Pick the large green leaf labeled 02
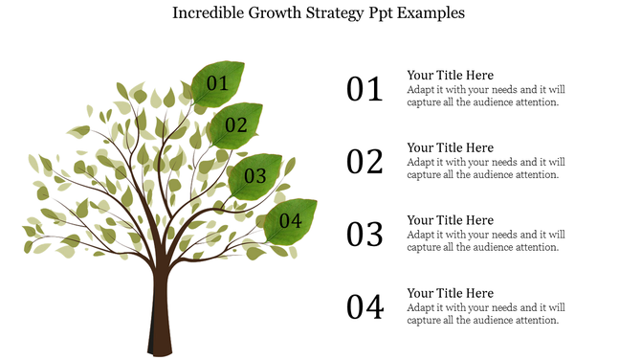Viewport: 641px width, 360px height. (235, 124)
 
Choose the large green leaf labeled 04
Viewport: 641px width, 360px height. (290, 221)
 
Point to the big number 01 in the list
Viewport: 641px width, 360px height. (365, 90)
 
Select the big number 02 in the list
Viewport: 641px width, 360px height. (365, 162)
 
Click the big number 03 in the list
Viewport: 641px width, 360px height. (365, 235)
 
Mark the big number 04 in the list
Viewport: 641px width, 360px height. (365, 307)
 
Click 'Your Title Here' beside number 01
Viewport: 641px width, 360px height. (450, 76)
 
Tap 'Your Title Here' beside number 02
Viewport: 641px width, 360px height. (450, 148)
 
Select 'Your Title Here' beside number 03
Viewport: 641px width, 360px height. (450, 220)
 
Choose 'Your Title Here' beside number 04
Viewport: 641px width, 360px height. (450, 293)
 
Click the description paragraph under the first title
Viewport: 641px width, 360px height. (485, 96)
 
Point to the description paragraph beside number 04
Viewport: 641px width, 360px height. (485, 314)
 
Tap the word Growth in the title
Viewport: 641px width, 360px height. (272, 14)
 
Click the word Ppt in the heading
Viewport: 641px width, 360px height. (384, 15)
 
